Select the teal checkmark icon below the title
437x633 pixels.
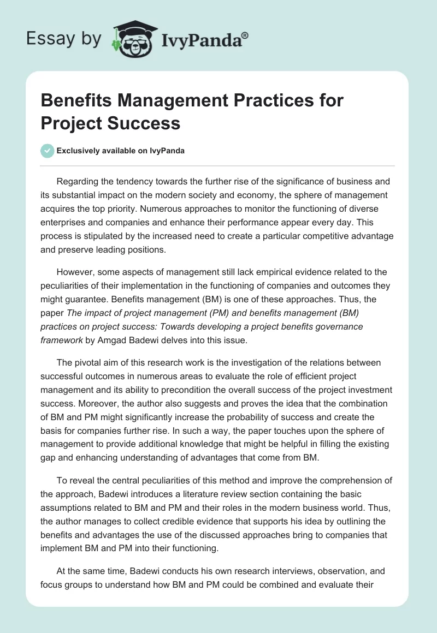tap(48, 151)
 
